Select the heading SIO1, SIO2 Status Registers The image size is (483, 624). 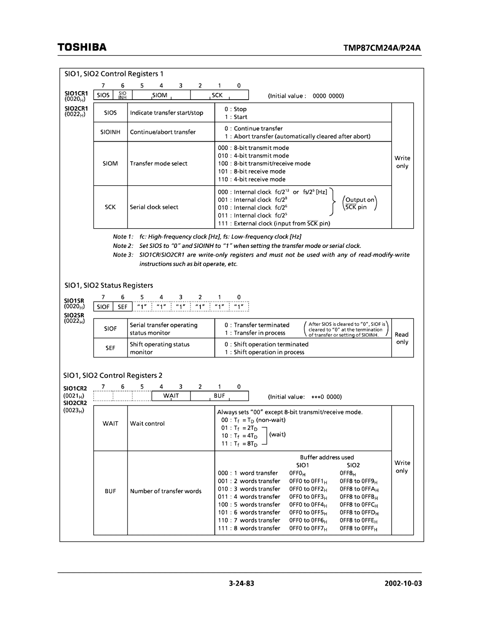pyautogui.click(x=109, y=285)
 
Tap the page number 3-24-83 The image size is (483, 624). pyautogui.click(x=241, y=584)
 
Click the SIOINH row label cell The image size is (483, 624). pyautogui.click(x=110, y=132)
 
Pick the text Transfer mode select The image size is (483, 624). pyautogui.click(x=159, y=163)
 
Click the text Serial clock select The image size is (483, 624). pyautogui.click(x=154, y=207)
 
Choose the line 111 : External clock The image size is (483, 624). pyautogui.click(x=274, y=223)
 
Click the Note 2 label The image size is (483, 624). pyautogui.click(x=123, y=246)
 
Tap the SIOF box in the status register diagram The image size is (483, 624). pyautogui.click(x=103, y=307)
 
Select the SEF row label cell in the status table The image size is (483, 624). pyautogui.click(x=110, y=348)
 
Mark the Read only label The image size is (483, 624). pyautogui.click(x=402, y=338)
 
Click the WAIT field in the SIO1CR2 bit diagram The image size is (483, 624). pyautogui.click(x=171, y=396)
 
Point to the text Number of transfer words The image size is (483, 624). pyautogui.click(x=165, y=491)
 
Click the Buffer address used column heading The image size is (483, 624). pyautogui.click(x=326, y=457)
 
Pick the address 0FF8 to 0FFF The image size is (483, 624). pyautogui.click(x=358, y=528)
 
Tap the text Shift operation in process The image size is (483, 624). pyautogui.click(x=269, y=352)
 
